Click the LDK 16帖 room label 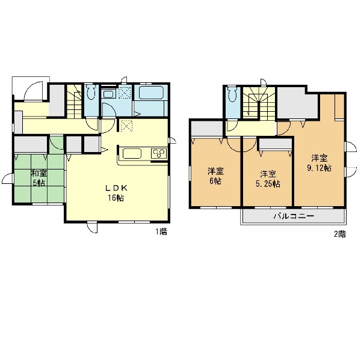116,194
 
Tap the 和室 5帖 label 39,178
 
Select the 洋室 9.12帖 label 319,163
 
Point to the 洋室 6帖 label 215,176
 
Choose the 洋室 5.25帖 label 268,178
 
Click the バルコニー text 294,216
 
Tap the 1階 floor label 161,231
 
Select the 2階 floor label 340,234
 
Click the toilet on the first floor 91,92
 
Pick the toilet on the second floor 232,94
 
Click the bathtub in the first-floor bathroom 151,93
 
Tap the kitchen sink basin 132,153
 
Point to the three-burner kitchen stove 159,153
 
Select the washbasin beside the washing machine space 108,94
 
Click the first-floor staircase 75,102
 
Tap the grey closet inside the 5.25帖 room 276,143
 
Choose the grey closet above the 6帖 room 207,129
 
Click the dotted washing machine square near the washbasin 125,93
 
